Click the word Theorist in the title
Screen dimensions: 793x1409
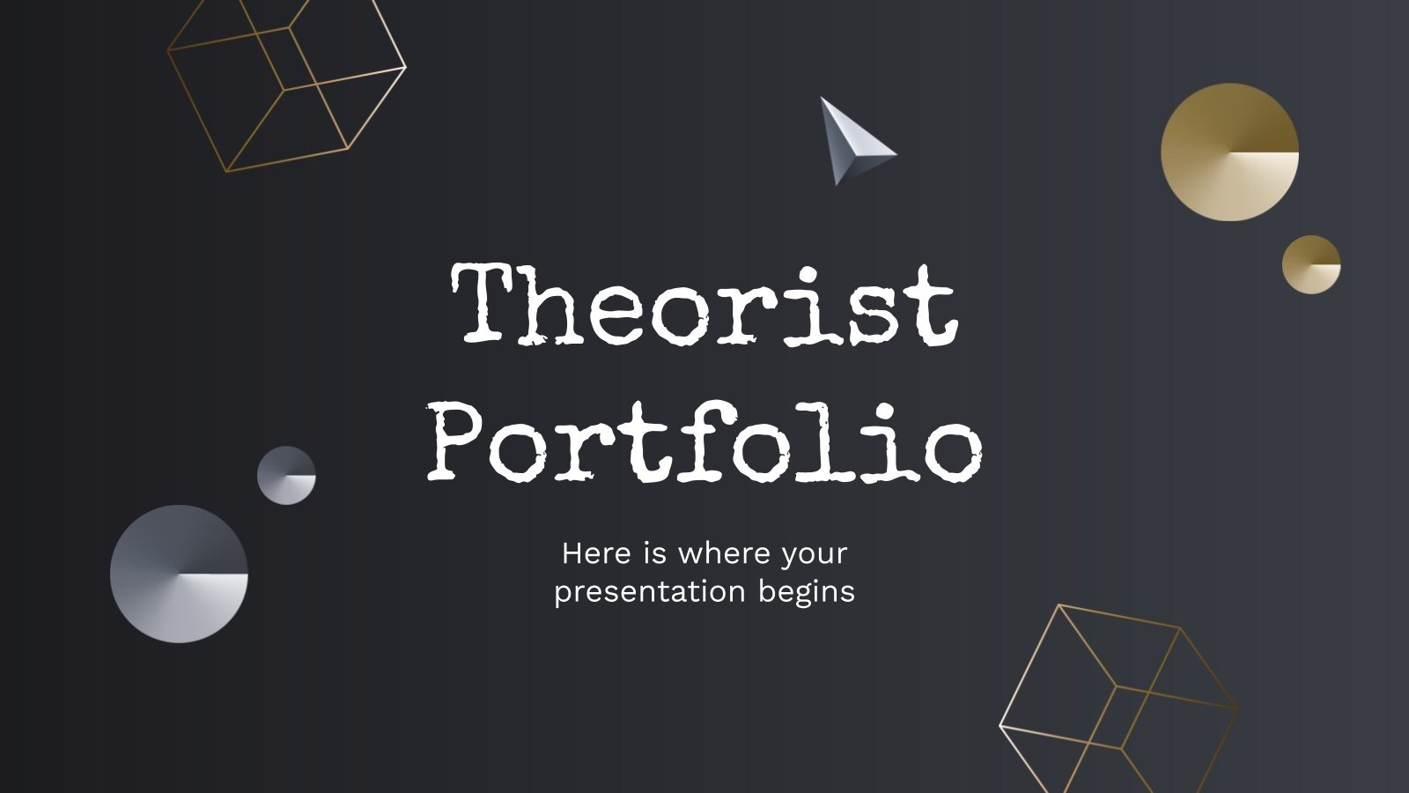704,304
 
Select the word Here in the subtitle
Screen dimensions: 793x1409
596,553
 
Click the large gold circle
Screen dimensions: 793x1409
1229,152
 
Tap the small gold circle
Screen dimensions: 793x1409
1311,263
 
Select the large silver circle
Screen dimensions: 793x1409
179,574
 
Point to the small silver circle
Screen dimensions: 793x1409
286,475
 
